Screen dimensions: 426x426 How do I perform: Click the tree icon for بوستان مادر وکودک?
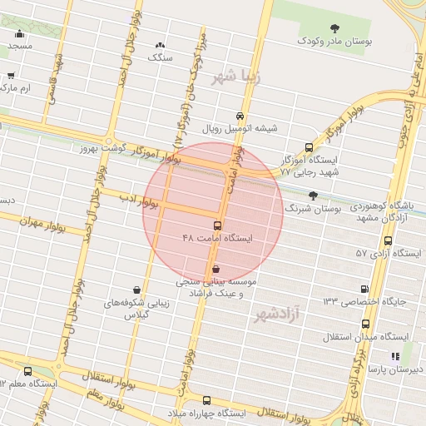pyautogui.click(x=334, y=28)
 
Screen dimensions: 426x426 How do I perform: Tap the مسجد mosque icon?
pyautogui.click(x=19, y=34)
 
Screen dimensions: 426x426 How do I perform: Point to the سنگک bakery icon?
pyautogui.click(x=160, y=45)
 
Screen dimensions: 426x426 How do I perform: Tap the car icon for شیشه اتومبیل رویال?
pyautogui.click(x=240, y=116)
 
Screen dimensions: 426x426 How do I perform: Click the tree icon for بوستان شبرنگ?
pyautogui.click(x=312, y=196)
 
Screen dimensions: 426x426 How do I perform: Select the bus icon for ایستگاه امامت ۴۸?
pyautogui.click(x=218, y=225)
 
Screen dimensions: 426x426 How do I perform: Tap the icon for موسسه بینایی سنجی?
pyautogui.click(x=216, y=269)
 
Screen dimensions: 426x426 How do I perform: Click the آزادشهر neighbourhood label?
pyautogui.click(x=276, y=315)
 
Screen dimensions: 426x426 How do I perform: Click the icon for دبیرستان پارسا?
pyautogui.click(x=396, y=356)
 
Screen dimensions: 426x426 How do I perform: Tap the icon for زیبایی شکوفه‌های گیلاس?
pyautogui.click(x=135, y=290)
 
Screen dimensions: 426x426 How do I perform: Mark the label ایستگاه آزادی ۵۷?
pyautogui.click(x=384, y=252)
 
